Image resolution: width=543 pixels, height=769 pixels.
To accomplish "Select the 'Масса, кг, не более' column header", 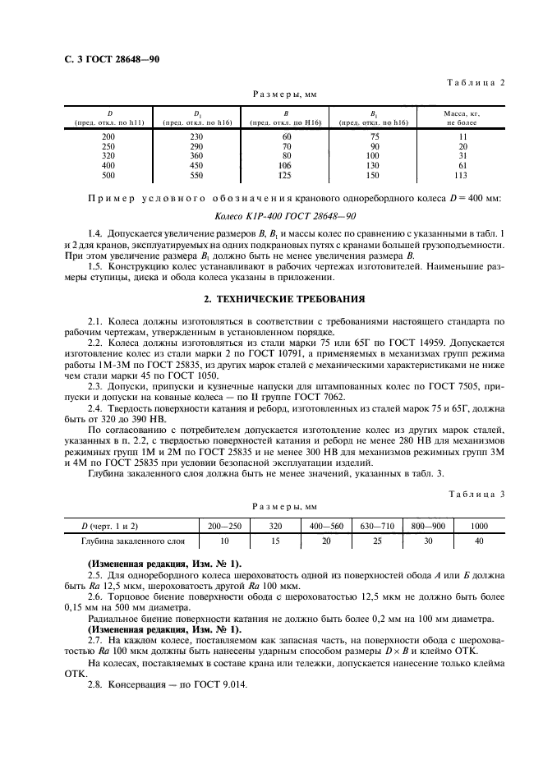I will (x=462, y=116).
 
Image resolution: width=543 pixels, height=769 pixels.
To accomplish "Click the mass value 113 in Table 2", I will (x=461, y=174).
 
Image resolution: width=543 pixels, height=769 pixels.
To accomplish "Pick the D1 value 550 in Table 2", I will (x=196, y=174).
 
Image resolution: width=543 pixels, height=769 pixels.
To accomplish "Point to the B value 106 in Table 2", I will (x=287, y=164).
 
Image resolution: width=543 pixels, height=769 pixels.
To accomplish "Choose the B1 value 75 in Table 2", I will (x=374, y=136).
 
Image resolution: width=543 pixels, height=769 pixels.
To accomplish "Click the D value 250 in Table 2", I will (x=108, y=145).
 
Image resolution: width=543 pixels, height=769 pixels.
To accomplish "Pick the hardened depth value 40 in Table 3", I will (x=479, y=541).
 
